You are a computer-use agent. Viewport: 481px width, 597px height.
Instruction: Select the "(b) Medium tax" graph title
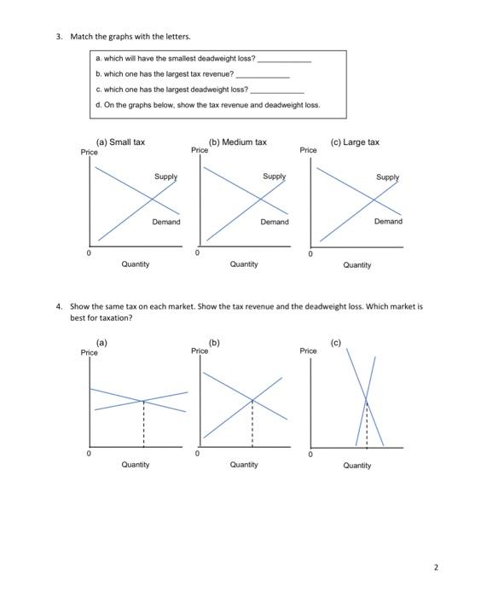pyautogui.click(x=238, y=142)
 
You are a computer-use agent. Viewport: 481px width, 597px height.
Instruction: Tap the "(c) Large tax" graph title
pyautogui.click(x=357, y=142)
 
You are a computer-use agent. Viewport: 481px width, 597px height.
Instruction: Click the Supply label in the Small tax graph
pyautogui.click(x=165, y=177)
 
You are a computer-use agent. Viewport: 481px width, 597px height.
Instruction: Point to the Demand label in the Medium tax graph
pyautogui.click(x=275, y=222)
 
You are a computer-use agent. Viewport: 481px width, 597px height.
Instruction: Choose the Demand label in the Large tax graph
pyautogui.click(x=388, y=221)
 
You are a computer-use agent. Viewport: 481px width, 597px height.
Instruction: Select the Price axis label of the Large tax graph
pyautogui.click(x=308, y=150)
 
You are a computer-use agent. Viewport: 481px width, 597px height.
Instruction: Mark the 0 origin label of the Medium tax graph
pyautogui.click(x=197, y=253)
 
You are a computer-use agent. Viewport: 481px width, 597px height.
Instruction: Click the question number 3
pyautogui.click(x=59, y=37)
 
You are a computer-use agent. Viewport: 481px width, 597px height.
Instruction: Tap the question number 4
pyautogui.click(x=59, y=306)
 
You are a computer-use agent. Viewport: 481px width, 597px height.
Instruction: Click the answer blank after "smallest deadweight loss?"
pyautogui.click(x=284, y=60)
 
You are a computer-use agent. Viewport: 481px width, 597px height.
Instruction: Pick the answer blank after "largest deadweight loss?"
pyautogui.click(x=276, y=89)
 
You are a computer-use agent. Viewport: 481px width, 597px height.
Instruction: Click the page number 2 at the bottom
pyautogui.click(x=459, y=566)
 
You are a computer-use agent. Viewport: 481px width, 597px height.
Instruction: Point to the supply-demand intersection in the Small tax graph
pyautogui.click(x=151, y=200)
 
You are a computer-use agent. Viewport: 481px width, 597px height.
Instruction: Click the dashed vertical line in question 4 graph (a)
pyautogui.click(x=143, y=422)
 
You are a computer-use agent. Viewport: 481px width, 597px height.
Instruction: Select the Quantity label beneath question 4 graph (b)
pyautogui.click(x=244, y=465)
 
